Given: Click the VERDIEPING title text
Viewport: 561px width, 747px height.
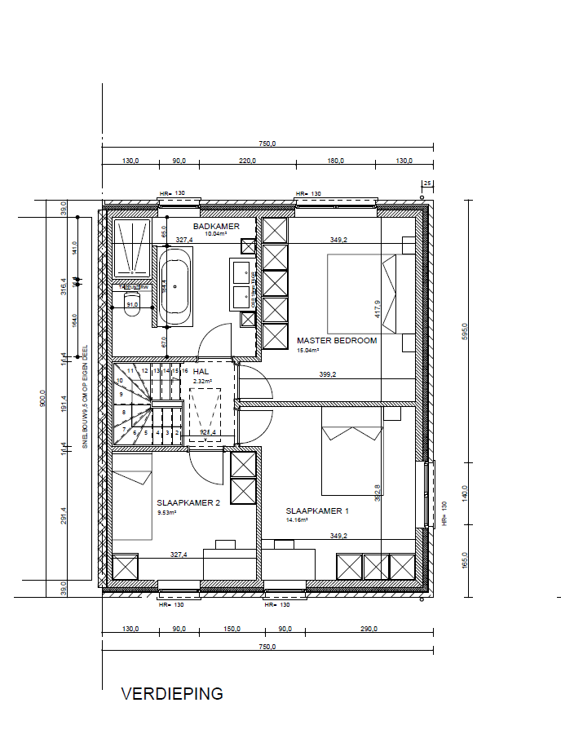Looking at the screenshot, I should pos(172,694).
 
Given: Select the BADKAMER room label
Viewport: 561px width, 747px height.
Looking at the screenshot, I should pos(216,226).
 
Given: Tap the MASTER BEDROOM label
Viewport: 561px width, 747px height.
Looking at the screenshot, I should pos(337,341).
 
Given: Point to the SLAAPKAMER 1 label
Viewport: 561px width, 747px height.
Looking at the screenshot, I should pos(317,511).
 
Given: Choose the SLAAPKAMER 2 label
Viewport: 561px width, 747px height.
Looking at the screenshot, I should pos(188,503).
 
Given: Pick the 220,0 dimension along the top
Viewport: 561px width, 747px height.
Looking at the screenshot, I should pos(248,161).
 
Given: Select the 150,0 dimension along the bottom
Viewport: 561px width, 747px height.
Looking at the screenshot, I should pos(232,629).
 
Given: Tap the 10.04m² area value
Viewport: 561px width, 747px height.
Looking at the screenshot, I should pos(216,234).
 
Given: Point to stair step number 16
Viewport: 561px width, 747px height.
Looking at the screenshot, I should pos(185,371).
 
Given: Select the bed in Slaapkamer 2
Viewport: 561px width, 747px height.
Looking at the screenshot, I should pos(132,497).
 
